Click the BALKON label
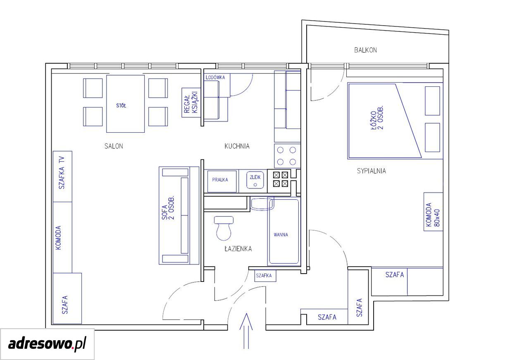pyautogui.click(x=365, y=50)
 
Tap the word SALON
pyautogui.click(x=114, y=146)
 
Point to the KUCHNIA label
pyautogui.click(x=237, y=146)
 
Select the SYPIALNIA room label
pyautogui.click(x=372, y=171)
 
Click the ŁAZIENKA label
pyautogui.click(x=238, y=249)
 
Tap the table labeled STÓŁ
pyautogui.click(x=125, y=104)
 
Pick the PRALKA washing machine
pyautogui.click(x=222, y=181)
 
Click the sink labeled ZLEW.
pyautogui.click(x=255, y=180)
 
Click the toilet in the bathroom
pyautogui.click(x=224, y=228)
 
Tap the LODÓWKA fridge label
pyautogui.click(x=215, y=77)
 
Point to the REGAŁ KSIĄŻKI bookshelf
pyautogui.click(x=191, y=103)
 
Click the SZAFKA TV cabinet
pyautogui.click(x=62, y=176)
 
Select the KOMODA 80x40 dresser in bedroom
pyautogui.click(x=433, y=212)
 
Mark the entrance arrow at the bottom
pyautogui.click(x=246, y=331)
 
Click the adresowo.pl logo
pyautogui.click(x=47, y=344)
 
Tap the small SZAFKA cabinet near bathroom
pyautogui.click(x=265, y=276)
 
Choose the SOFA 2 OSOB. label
pyautogui.click(x=168, y=207)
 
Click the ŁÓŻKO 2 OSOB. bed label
pyautogui.click(x=377, y=117)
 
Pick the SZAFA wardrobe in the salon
pyautogui.click(x=67, y=298)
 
